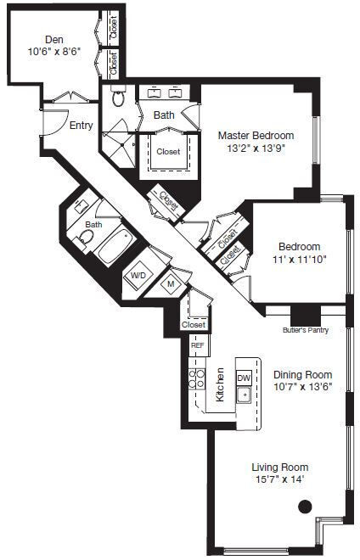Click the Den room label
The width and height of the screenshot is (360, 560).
[x=54, y=37]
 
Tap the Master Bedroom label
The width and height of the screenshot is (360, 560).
[x=256, y=135]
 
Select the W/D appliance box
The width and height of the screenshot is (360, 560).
[x=138, y=276]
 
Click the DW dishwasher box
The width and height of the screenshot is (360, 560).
[x=244, y=378]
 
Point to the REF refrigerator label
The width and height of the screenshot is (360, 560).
[x=197, y=345]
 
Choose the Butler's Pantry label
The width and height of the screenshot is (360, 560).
[x=305, y=330]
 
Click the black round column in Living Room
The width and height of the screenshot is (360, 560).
[x=306, y=506]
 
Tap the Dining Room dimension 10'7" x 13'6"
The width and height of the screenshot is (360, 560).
[x=302, y=387]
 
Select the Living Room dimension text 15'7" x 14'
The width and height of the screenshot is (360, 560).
[x=279, y=479]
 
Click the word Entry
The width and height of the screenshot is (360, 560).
[x=82, y=126]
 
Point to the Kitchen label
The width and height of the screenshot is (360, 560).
[x=220, y=384]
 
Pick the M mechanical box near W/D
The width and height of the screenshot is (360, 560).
[x=170, y=283]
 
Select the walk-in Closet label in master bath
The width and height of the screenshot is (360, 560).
[x=169, y=153]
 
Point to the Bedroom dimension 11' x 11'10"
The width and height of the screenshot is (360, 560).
[x=299, y=259]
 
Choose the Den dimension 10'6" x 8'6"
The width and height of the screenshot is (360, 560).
[x=54, y=50]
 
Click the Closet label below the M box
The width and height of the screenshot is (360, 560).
[x=194, y=324]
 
